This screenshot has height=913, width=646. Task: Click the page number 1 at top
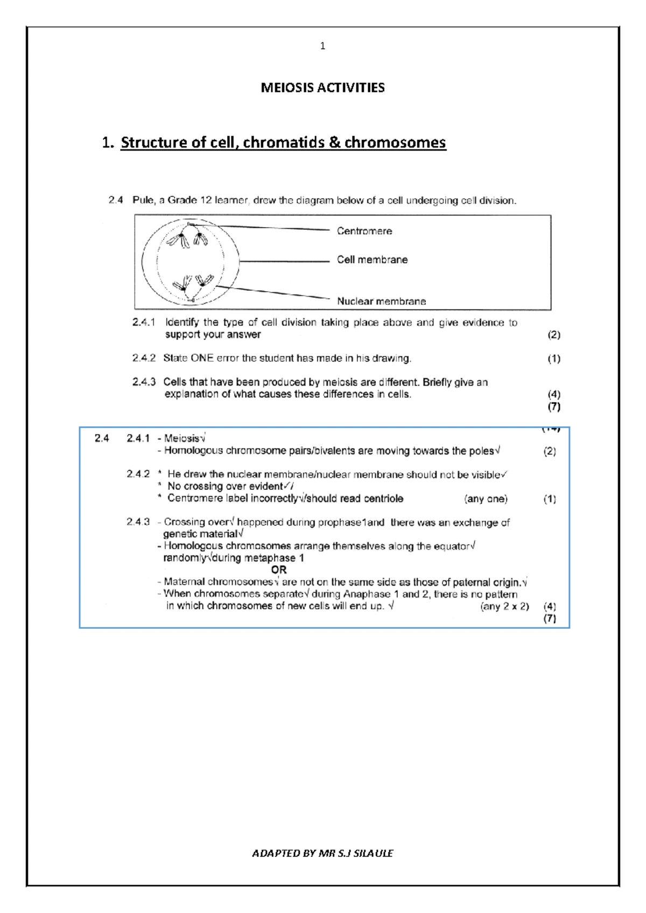coord(322,46)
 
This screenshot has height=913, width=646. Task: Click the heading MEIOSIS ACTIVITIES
coord(322,88)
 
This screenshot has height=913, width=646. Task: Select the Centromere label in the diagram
coord(364,231)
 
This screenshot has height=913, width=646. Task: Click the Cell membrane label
coord(372,259)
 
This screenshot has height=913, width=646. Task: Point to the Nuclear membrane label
coord(381,301)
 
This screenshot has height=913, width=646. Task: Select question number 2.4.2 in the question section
coord(144,358)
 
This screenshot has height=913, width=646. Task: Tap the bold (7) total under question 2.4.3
coord(554,407)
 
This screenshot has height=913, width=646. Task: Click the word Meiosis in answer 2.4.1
coord(181,438)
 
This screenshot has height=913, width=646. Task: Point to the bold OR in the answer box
coord(279,570)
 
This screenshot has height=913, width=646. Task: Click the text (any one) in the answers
coord(486,499)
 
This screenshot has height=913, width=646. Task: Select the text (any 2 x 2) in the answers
coord(504,607)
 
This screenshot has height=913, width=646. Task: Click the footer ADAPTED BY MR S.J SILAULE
coord(322,853)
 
